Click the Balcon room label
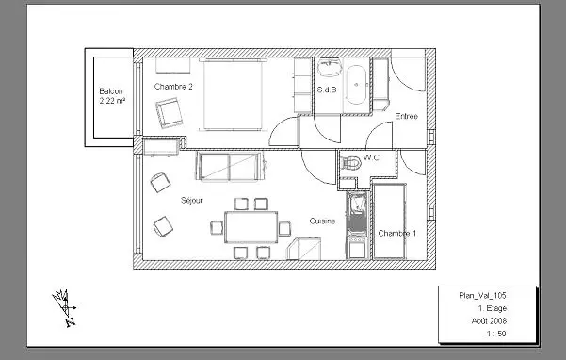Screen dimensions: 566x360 (111, 91)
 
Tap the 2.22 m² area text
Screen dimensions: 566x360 (112, 101)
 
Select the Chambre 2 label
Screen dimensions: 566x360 (173, 87)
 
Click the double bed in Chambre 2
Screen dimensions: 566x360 (234, 94)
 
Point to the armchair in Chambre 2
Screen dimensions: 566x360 (169, 113)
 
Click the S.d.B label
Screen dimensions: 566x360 (327, 90)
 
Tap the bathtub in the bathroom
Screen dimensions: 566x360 (356, 85)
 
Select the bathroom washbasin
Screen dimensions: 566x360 (329, 68)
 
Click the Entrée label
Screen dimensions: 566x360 (407, 116)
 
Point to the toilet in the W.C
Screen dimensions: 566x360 (350, 163)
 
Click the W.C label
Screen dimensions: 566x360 (371, 157)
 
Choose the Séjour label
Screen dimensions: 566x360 (192, 201)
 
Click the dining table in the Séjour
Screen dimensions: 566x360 (251, 227)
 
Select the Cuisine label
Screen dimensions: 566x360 (322, 221)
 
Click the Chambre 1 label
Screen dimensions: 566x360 (397, 234)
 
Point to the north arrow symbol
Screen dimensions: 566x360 (65, 307)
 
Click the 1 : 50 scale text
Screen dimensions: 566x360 (496, 334)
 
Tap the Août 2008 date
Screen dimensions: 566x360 (489, 320)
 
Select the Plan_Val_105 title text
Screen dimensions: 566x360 (482, 295)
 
